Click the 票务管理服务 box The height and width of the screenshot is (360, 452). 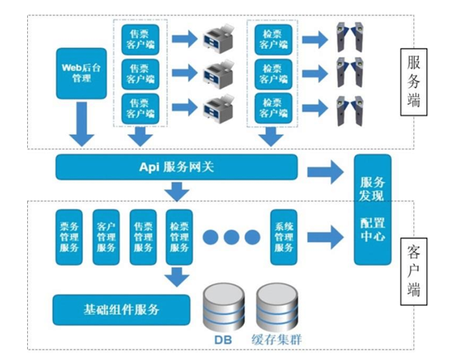69,236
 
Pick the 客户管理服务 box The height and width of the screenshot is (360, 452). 106,236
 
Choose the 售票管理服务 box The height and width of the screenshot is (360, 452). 143,236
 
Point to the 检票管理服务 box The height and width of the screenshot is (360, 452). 180,236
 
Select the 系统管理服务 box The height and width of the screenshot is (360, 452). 284,236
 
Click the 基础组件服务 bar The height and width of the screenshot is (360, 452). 121,310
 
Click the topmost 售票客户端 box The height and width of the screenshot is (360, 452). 140,39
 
